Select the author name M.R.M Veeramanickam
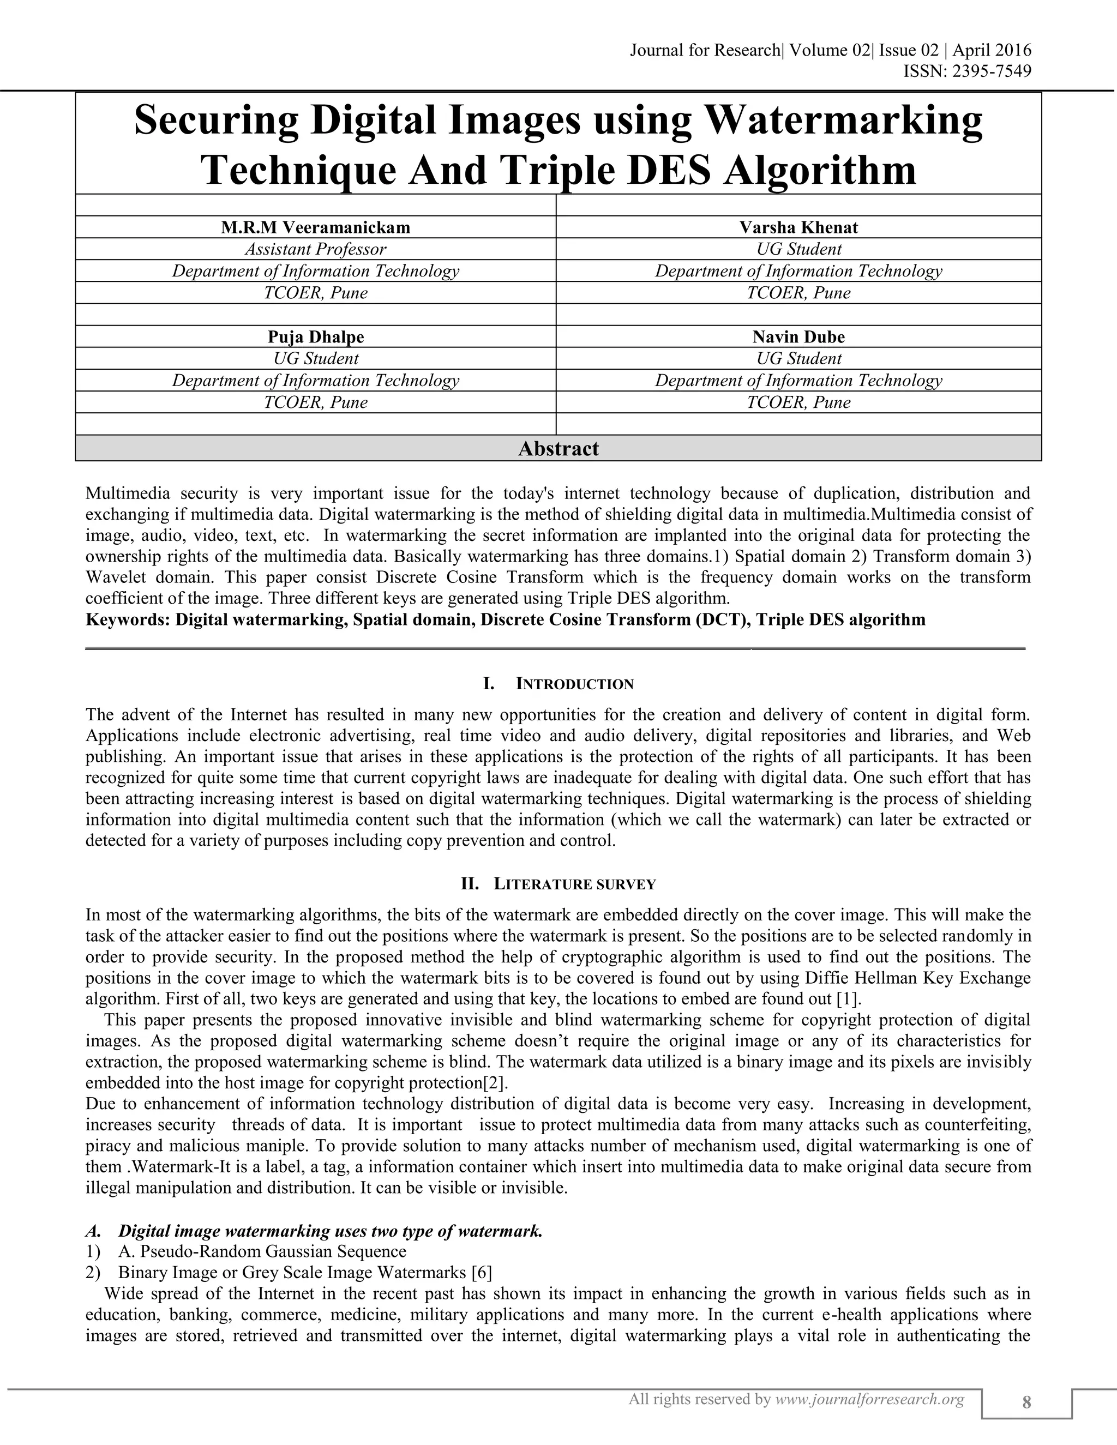click(316, 227)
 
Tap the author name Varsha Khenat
click(798, 227)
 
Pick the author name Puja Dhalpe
click(316, 337)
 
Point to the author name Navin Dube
click(798, 337)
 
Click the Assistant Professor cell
click(316, 249)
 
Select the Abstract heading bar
click(558, 449)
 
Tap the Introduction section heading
click(574, 684)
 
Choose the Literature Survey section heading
click(574, 884)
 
